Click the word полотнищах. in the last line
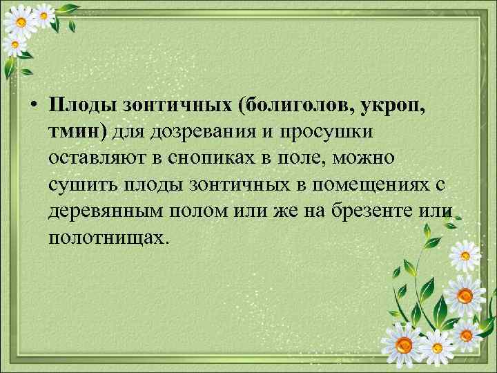tap(108, 237)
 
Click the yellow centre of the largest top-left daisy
tap(19, 22)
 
